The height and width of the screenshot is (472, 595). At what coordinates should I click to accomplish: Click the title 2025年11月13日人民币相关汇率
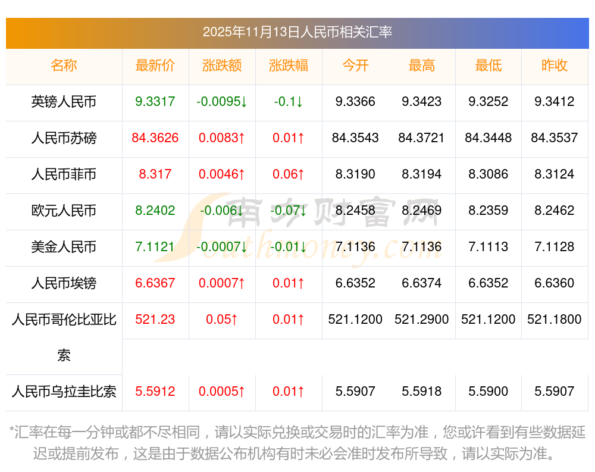click(x=297, y=32)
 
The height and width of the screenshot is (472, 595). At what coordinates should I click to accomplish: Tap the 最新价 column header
click(x=155, y=65)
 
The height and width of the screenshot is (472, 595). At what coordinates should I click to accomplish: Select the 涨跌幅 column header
click(x=289, y=65)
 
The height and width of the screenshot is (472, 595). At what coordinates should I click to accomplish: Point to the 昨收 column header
click(x=555, y=65)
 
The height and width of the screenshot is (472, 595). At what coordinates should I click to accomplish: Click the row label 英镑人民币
click(x=64, y=102)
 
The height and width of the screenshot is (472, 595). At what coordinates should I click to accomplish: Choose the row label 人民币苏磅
click(x=64, y=138)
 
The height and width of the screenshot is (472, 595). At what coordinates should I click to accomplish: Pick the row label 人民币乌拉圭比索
click(x=64, y=392)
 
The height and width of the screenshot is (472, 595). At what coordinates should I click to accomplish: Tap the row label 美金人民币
click(x=64, y=247)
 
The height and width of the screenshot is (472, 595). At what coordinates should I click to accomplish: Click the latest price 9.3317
click(x=155, y=102)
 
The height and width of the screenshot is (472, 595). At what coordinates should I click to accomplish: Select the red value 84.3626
click(x=155, y=138)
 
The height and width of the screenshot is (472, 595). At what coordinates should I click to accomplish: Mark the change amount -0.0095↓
click(x=222, y=102)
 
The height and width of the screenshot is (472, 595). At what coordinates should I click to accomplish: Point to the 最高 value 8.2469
click(x=422, y=211)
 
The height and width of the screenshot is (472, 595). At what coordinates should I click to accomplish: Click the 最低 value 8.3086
click(x=488, y=174)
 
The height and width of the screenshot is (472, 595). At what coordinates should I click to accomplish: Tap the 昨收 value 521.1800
click(x=555, y=320)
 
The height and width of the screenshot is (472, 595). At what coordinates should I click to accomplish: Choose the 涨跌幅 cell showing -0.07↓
click(x=289, y=211)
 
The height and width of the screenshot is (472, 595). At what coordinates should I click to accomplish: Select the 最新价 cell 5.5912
click(x=155, y=392)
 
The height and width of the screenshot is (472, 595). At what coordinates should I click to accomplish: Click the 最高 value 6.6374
click(x=422, y=283)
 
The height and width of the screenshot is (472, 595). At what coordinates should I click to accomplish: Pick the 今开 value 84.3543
click(x=355, y=138)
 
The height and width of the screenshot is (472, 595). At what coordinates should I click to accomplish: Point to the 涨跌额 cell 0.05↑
click(x=222, y=320)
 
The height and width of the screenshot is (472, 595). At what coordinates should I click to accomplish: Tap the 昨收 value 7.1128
click(x=555, y=247)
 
